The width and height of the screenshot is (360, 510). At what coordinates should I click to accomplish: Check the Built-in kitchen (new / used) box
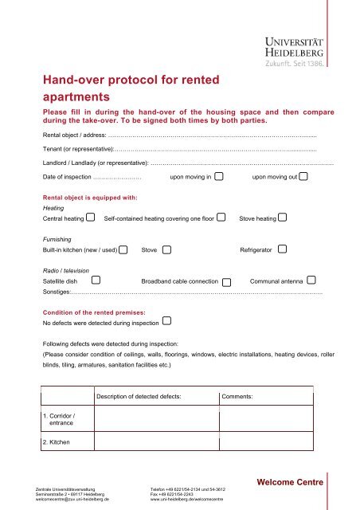(x=123, y=250)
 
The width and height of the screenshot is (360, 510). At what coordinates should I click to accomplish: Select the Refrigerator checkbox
(x=283, y=249)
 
